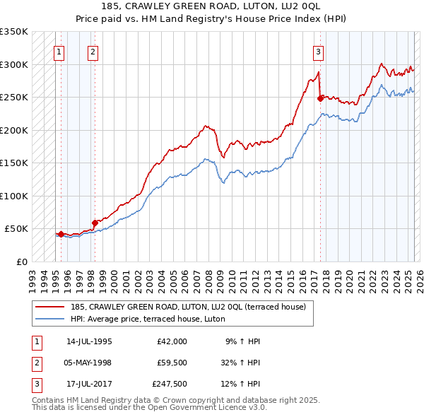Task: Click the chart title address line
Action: (211, 7)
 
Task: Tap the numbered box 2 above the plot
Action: (93, 51)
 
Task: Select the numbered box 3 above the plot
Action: (319, 51)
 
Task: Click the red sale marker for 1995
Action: (61, 234)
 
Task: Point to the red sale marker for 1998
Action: (95, 223)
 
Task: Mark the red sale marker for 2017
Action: (320, 98)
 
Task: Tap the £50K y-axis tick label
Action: (16, 229)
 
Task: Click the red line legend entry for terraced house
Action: (187, 307)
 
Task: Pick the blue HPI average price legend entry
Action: (147, 319)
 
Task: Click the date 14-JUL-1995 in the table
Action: (89, 341)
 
